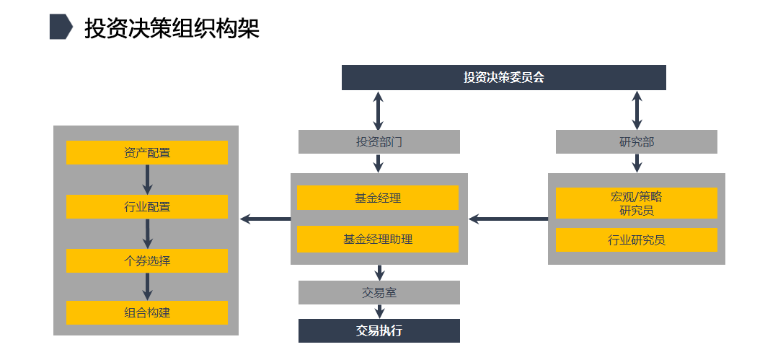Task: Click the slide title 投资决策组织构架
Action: tap(172, 28)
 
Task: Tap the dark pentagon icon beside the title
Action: tap(61, 27)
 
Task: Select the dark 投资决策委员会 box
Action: tap(503, 78)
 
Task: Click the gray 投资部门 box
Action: tap(379, 141)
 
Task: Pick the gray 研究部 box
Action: tap(636, 141)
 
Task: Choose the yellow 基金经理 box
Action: tap(378, 198)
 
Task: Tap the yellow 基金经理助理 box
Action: tap(378, 239)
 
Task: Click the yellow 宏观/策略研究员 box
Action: tap(636, 203)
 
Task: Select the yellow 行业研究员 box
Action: tap(636, 240)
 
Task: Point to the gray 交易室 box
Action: tap(379, 292)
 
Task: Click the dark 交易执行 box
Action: tap(379, 330)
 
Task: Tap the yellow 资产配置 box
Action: tap(147, 152)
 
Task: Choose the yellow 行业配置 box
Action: tap(147, 207)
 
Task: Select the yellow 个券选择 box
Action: tap(147, 260)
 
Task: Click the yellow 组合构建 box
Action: tap(147, 312)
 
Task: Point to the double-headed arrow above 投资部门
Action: tap(379, 110)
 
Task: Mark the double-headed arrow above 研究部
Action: tap(636, 110)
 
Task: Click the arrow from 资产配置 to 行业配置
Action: tap(147, 180)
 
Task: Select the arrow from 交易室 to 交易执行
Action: tap(379, 311)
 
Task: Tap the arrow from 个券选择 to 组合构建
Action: tap(147, 286)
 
